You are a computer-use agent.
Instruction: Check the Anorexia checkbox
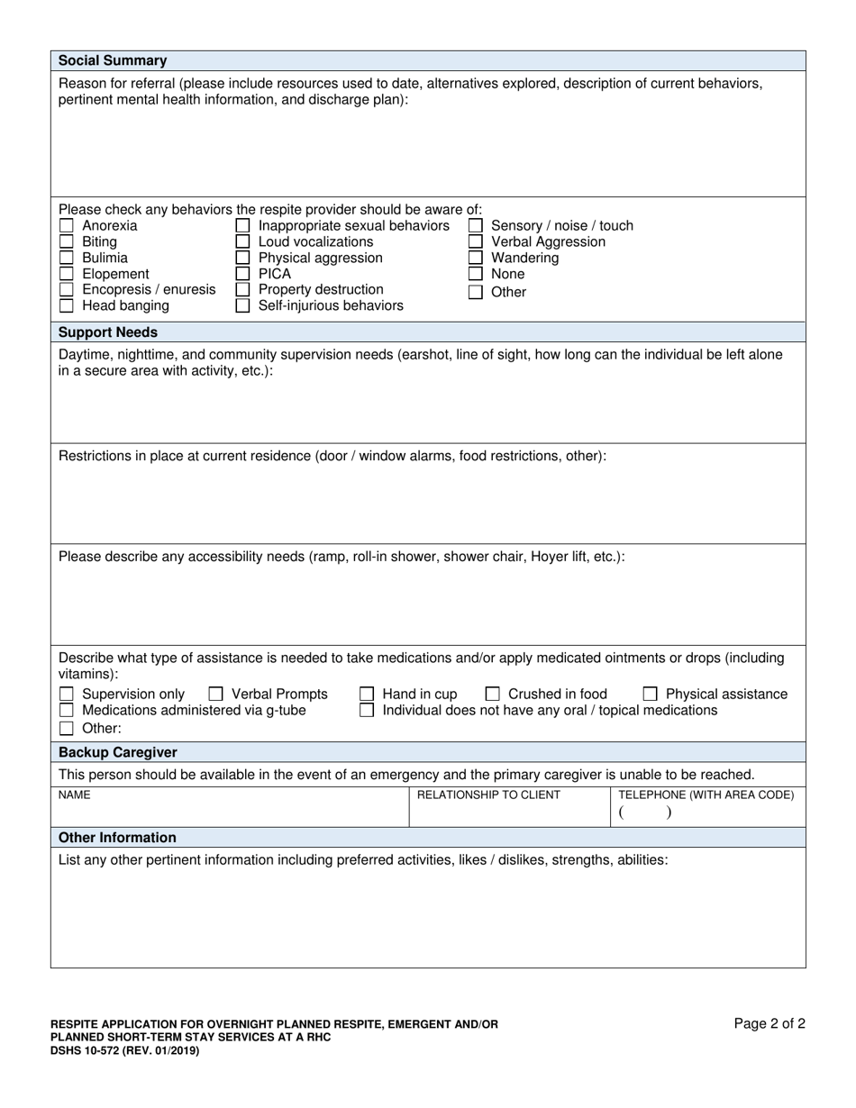point(66,226)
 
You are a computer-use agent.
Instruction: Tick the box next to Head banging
point(66,306)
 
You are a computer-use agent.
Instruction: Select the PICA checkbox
point(242,274)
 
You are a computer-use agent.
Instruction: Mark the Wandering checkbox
point(475,259)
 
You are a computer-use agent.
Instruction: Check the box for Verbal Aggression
point(475,242)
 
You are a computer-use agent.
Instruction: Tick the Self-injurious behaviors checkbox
point(242,306)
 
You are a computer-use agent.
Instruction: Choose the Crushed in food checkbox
point(493,695)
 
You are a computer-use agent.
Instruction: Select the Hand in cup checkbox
point(367,695)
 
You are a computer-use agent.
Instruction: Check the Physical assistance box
point(650,695)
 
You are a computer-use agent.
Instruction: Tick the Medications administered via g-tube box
point(66,711)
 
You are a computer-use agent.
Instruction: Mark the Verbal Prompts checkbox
point(216,695)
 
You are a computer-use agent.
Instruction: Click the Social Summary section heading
point(113,61)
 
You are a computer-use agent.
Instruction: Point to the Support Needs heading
point(108,332)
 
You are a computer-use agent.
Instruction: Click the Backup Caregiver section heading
point(118,752)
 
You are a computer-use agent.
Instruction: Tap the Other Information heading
point(117,838)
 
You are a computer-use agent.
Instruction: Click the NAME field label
point(74,795)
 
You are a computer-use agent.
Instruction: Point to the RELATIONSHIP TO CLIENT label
point(488,795)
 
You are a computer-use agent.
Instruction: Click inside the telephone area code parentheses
point(644,813)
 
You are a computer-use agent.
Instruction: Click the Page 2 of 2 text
point(769,1023)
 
